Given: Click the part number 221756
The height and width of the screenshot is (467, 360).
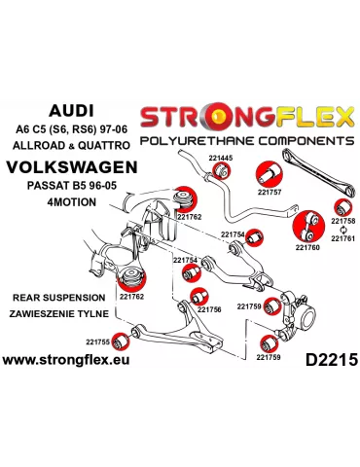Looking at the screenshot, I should click(210, 309).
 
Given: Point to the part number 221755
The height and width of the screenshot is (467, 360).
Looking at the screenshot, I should click(98, 341).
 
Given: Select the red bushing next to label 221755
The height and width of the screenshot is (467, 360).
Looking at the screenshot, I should click(123, 341).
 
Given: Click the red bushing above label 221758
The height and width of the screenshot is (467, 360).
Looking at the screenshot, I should click(340, 206).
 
